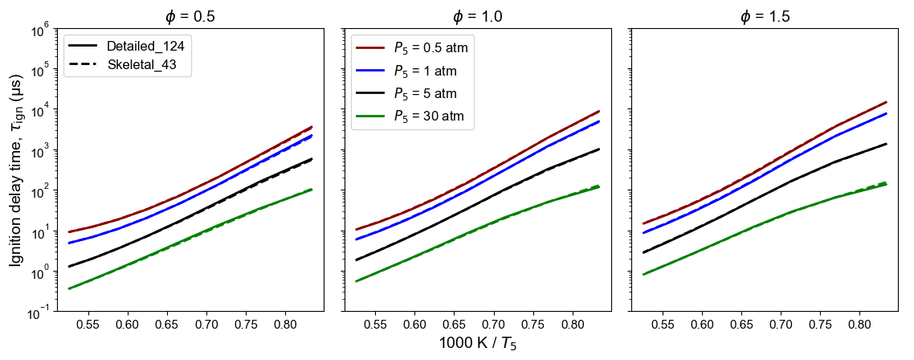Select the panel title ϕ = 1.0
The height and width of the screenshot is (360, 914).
[477, 16]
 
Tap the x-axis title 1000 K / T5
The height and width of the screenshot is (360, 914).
[477, 344]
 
